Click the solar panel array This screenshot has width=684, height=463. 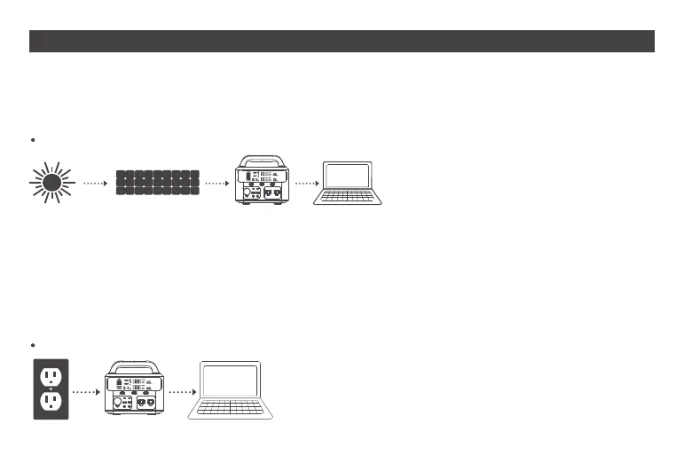157,183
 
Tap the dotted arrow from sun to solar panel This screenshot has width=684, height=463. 95,184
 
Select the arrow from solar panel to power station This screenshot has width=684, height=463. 217,184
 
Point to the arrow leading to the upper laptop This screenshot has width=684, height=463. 304,184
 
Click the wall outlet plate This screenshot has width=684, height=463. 50,388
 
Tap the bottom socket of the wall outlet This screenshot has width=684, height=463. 50,404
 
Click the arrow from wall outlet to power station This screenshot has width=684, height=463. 84,390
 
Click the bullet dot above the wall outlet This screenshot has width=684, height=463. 33,344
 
